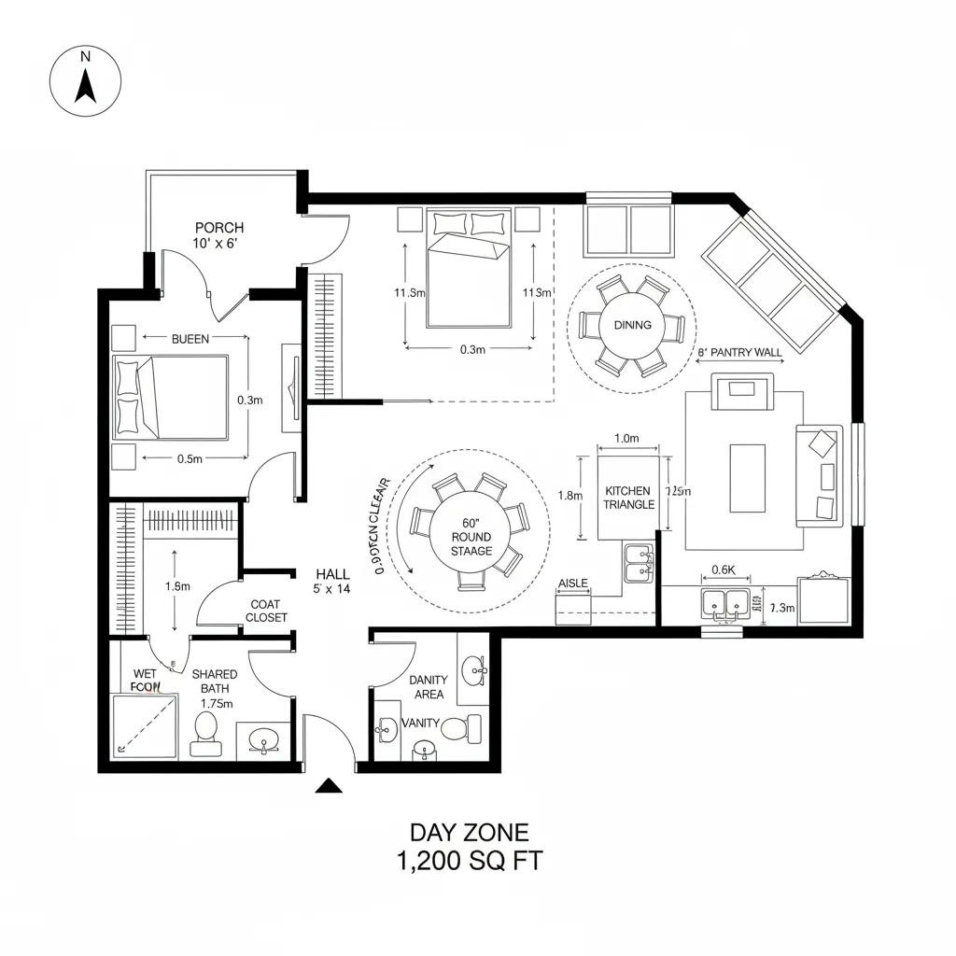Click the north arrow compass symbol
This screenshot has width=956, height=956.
tap(86, 81)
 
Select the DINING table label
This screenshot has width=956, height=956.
tap(633, 325)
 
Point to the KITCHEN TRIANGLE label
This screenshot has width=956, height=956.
tap(628, 497)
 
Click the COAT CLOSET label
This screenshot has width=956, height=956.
tap(268, 611)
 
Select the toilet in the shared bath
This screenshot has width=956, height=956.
tap(205, 734)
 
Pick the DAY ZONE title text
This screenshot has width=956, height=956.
tap(470, 832)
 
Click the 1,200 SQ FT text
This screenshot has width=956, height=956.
tap(470, 861)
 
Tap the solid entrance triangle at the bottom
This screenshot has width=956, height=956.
tap(328, 786)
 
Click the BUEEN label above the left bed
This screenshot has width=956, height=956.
tap(190, 339)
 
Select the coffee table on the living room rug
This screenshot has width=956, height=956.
tap(747, 477)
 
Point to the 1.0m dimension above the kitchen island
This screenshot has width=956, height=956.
tap(627, 438)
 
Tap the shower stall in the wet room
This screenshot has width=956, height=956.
tap(144, 725)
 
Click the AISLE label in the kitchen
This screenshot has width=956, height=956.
tap(572, 583)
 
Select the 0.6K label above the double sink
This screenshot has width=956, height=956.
tap(724, 569)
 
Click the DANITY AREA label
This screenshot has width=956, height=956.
tap(429, 686)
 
